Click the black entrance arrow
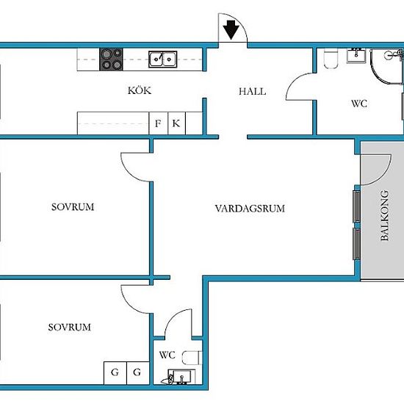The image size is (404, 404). (x=231, y=30)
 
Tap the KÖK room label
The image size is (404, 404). (x=140, y=90)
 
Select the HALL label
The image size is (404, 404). (x=252, y=92)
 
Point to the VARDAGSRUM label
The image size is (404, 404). (x=250, y=209)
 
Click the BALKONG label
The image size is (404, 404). (x=384, y=215)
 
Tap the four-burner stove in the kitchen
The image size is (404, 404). (x=111, y=59)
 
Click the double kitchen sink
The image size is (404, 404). (x=162, y=59)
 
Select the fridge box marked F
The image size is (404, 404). (x=158, y=123)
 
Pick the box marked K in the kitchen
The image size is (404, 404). (x=176, y=123)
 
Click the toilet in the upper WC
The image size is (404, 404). (x=331, y=58)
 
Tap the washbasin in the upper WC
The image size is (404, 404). (x=356, y=55)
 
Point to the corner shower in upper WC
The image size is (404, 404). (x=386, y=66)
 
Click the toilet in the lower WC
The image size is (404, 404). (x=192, y=358)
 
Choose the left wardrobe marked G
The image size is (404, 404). (x=115, y=373)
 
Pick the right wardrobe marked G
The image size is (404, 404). (x=138, y=373)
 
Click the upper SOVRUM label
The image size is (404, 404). (x=73, y=207)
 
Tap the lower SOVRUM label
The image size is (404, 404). (x=70, y=327)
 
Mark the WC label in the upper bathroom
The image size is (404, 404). (x=359, y=104)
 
